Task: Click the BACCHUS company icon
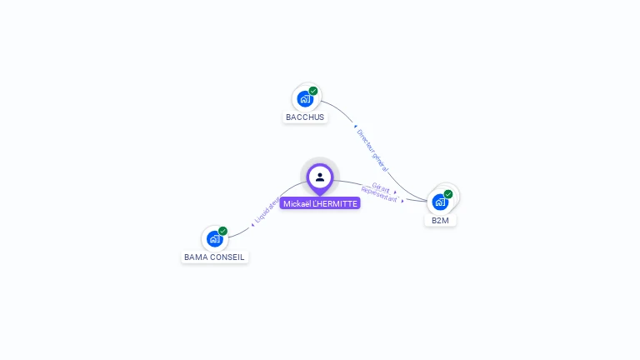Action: pos(305,98)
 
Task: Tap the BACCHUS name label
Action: pos(305,117)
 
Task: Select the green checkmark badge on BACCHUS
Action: pos(313,91)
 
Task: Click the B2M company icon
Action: pos(440,202)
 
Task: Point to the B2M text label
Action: pos(440,221)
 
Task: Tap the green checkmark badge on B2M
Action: pos(448,194)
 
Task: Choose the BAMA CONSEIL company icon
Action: pos(215,238)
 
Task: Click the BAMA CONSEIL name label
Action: pos(214,257)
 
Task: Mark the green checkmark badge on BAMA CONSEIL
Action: pos(222,231)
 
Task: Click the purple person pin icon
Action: pos(320,177)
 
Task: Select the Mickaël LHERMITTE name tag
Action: pos(320,203)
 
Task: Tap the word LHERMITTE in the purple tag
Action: pos(336,203)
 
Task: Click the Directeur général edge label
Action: pos(372,150)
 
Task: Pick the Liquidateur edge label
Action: pos(267,210)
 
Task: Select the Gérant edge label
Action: pos(382,188)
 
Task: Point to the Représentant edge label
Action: pos(380,198)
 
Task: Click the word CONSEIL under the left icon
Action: pos(228,257)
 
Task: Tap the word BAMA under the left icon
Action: pos(197,257)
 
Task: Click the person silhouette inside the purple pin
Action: pos(320,177)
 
